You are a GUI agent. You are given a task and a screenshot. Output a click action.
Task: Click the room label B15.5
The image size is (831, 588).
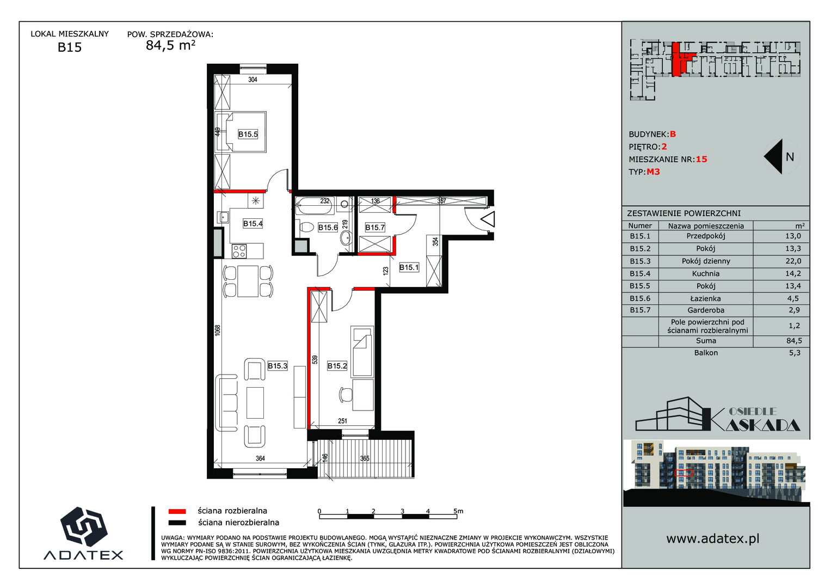248,134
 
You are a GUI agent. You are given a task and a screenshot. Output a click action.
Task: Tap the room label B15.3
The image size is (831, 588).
278,366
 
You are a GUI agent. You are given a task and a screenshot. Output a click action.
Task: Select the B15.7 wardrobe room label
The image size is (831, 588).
375,227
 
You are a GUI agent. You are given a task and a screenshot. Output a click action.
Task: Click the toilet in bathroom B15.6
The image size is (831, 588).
306,226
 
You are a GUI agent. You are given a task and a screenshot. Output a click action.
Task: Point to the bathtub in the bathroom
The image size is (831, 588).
314,205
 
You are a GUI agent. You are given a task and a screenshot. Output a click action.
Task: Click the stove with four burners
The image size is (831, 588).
239,251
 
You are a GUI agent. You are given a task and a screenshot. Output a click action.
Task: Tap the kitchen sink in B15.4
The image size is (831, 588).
223,217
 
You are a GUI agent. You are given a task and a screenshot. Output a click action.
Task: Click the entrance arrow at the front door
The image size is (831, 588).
488,219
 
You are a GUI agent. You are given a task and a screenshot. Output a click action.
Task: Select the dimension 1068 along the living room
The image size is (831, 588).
218,330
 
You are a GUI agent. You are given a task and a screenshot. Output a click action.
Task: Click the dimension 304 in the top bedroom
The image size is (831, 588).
253,79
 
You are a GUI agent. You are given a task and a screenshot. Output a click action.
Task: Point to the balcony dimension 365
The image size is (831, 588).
365,458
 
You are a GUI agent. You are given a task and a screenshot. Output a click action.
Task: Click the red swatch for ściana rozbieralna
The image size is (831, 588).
177,512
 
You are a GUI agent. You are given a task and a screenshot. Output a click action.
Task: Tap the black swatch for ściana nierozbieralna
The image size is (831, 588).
177,523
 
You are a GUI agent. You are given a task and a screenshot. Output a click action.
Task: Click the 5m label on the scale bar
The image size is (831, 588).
459,511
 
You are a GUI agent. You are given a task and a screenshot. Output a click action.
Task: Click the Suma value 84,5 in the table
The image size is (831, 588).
794,341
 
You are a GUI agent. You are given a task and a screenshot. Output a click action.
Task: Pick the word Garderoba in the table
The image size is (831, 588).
706,310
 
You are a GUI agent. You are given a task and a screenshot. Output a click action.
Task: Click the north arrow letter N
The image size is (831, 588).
790,157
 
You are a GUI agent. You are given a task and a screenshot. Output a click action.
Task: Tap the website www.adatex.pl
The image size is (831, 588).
713,538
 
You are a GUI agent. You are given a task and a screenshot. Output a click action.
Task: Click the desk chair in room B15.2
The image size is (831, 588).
346,395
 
